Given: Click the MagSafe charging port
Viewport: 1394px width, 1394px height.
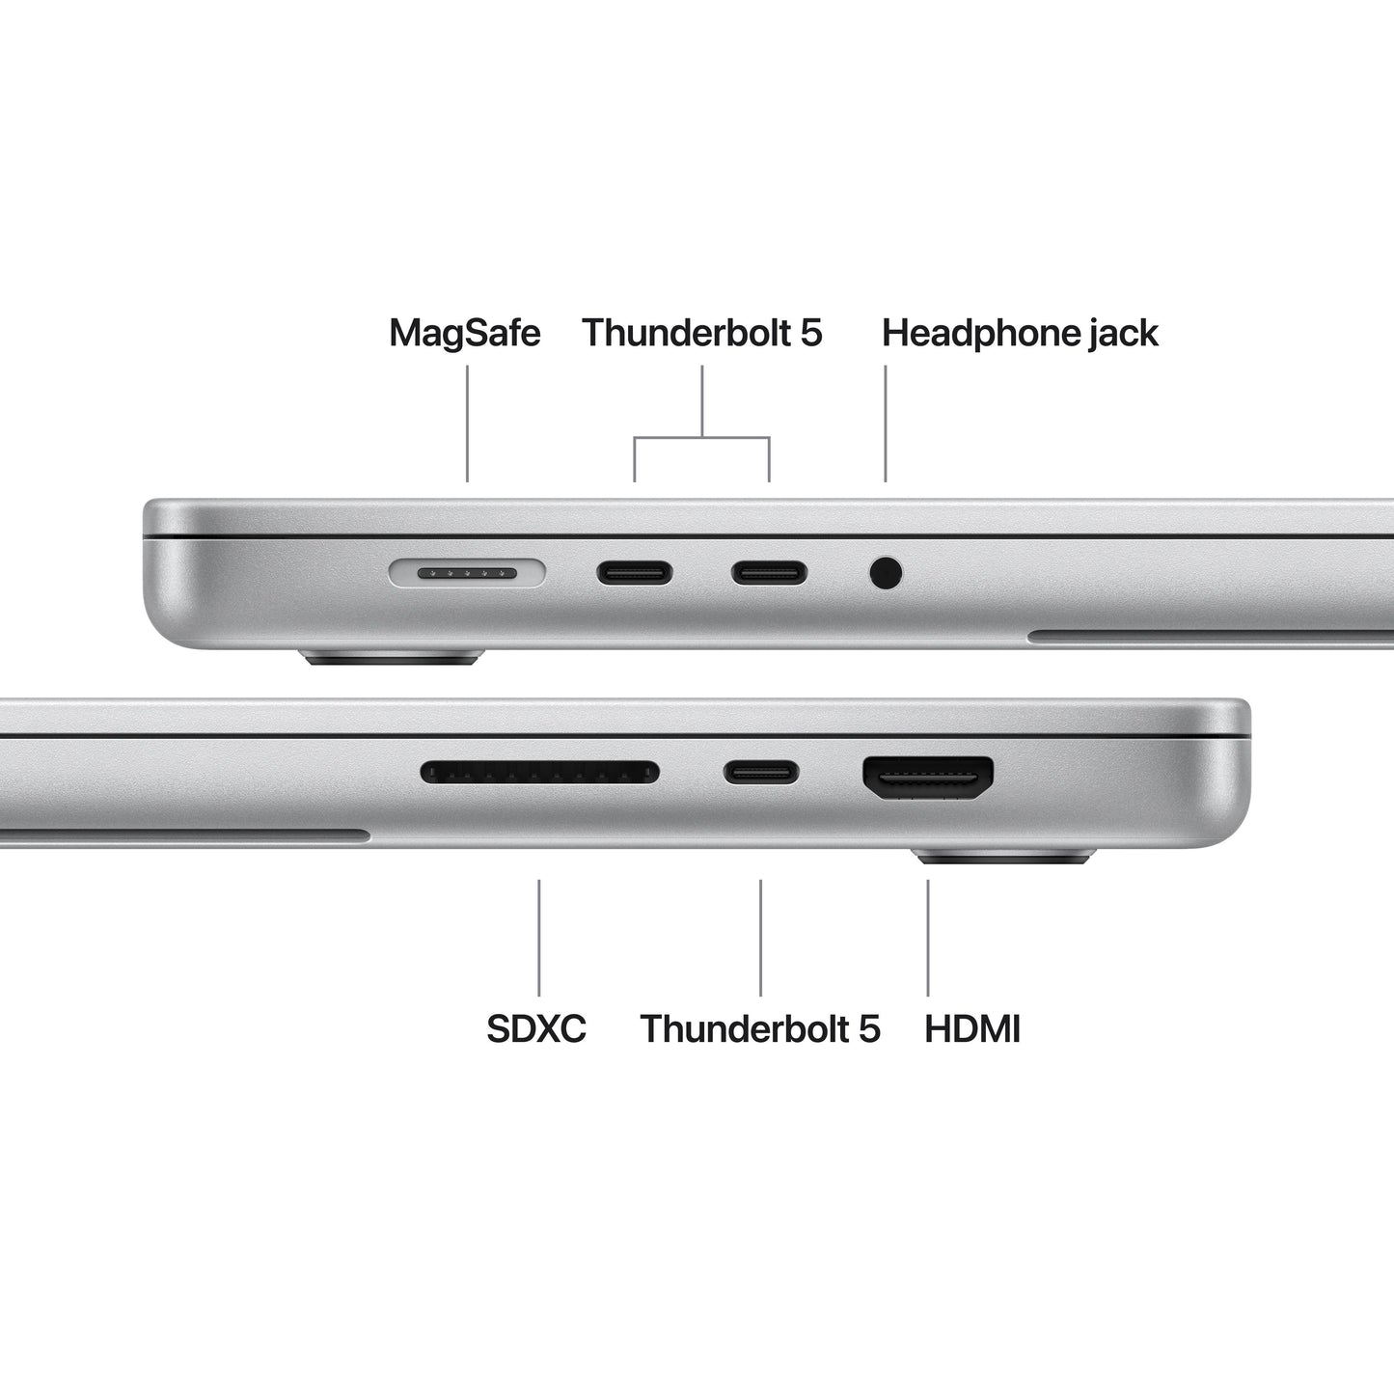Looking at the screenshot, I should point(467,574).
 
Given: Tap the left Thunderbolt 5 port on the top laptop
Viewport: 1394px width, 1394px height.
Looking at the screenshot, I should point(634,573).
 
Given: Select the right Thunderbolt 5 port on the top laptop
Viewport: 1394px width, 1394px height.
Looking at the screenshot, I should point(769,573).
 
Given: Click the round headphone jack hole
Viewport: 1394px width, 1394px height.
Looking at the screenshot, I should point(886,573).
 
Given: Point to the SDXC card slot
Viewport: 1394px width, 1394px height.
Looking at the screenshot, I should point(539,772).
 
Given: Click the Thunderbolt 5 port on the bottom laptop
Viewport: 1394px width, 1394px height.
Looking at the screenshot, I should point(761,772).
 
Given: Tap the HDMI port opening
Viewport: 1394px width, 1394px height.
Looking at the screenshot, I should point(928,777).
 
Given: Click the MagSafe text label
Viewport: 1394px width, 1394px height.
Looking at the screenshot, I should point(464,333).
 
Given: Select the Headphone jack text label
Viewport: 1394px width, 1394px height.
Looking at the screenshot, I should point(1020,333).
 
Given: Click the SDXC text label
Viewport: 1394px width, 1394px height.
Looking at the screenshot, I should point(536,1028).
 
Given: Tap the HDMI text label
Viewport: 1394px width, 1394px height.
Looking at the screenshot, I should point(971,1028).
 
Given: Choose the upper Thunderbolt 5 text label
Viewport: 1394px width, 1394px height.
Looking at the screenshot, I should point(701,333).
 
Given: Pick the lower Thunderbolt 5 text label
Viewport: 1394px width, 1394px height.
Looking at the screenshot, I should point(760,1028).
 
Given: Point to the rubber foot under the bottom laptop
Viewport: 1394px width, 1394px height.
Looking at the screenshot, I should point(1003,857).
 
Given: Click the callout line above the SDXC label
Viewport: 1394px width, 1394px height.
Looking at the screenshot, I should point(539,937).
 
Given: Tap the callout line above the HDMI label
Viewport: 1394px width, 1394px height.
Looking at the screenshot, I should point(928,937).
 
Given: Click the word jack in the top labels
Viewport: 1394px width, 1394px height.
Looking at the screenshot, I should point(1123,334).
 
